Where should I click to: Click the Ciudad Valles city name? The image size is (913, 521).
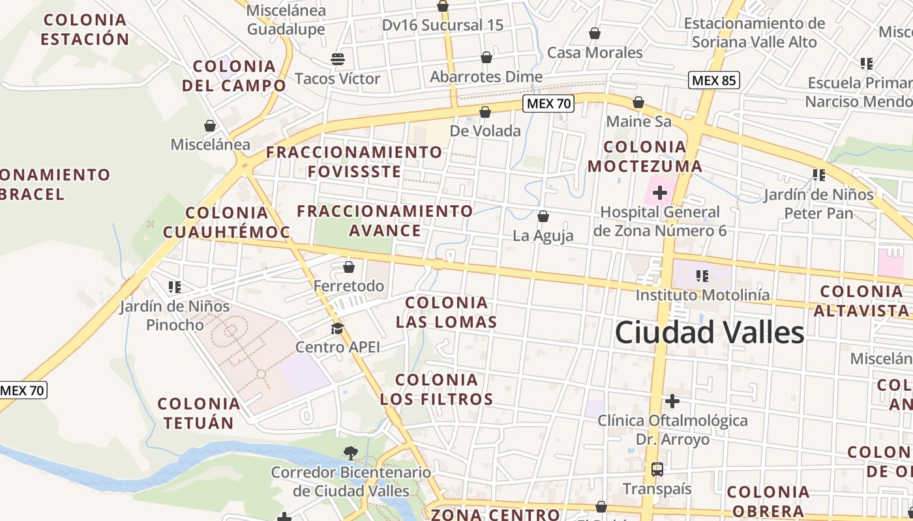pos(710,333)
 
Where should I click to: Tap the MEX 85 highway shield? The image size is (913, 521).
pos(714,80)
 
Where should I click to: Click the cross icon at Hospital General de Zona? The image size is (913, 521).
pos(659,193)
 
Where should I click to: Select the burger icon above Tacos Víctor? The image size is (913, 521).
pos(337,59)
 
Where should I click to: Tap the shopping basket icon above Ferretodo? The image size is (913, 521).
pos(349,267)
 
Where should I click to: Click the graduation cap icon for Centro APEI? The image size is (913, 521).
pos(337,328)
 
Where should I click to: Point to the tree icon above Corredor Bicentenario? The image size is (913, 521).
pos(350,453)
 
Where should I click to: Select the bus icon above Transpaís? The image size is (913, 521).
pos(657,470)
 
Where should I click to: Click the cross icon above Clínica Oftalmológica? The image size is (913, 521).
pos(672,401)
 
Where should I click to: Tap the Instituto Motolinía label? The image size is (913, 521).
pos(693,295)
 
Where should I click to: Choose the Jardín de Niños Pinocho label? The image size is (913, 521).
pos(174,315)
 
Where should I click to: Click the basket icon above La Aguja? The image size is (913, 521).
pos(543,216)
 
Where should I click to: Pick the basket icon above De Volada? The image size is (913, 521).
pos(485,112)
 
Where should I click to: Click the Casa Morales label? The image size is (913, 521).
pos(595,53)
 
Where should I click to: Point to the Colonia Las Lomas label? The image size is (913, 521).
pos(447,313)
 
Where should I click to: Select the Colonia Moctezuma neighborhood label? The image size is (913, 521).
pos(645,156)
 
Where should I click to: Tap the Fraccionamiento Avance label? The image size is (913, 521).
pos(385,221)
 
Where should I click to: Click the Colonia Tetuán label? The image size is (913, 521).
pos(199,414)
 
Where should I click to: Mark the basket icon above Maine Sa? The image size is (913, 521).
pos(638,103)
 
